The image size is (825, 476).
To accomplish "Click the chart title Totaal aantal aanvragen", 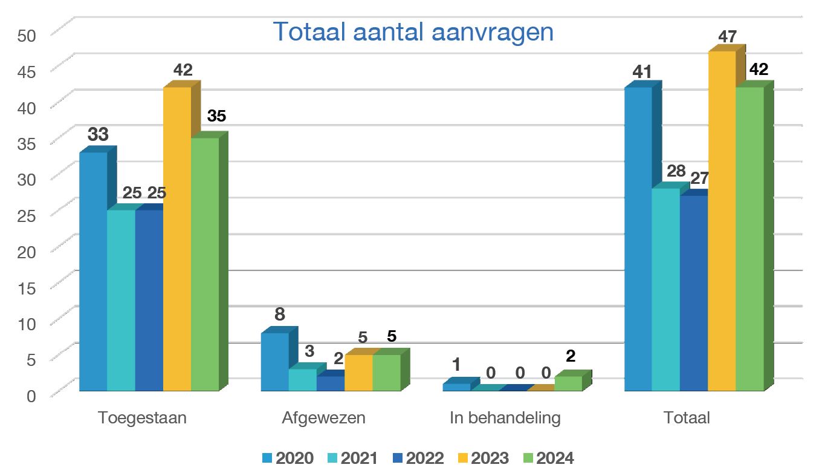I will click(413, 32).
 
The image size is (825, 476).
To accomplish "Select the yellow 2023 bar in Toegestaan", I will click(177, 239).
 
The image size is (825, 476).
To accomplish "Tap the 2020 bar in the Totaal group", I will click(638, 239).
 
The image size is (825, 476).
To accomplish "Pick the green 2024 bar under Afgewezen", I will click(386, 373).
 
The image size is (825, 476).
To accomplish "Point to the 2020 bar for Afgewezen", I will click(274, 362).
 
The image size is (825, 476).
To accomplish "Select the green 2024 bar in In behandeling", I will click(568, 383).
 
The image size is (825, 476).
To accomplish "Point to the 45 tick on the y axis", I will click(27, 71).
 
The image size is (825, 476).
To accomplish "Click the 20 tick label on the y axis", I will click(27, 251).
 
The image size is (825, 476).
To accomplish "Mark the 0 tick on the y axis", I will click(31, 396).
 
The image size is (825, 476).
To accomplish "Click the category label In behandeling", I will click(505, 418).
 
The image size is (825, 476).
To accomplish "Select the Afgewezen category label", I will click(323, 418).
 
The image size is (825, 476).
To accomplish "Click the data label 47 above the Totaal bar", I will click(727, 36).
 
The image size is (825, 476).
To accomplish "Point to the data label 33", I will click(98, 134).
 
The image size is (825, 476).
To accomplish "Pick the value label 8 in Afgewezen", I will click(279, 315).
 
